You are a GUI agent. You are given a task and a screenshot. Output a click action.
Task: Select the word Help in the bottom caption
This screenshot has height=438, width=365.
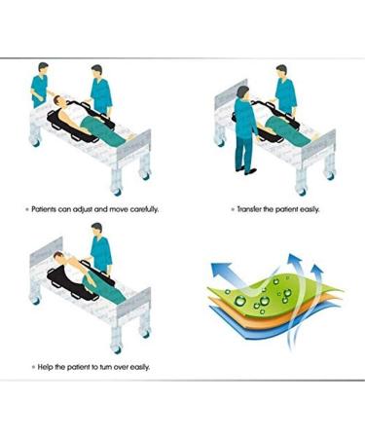(44, 366)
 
